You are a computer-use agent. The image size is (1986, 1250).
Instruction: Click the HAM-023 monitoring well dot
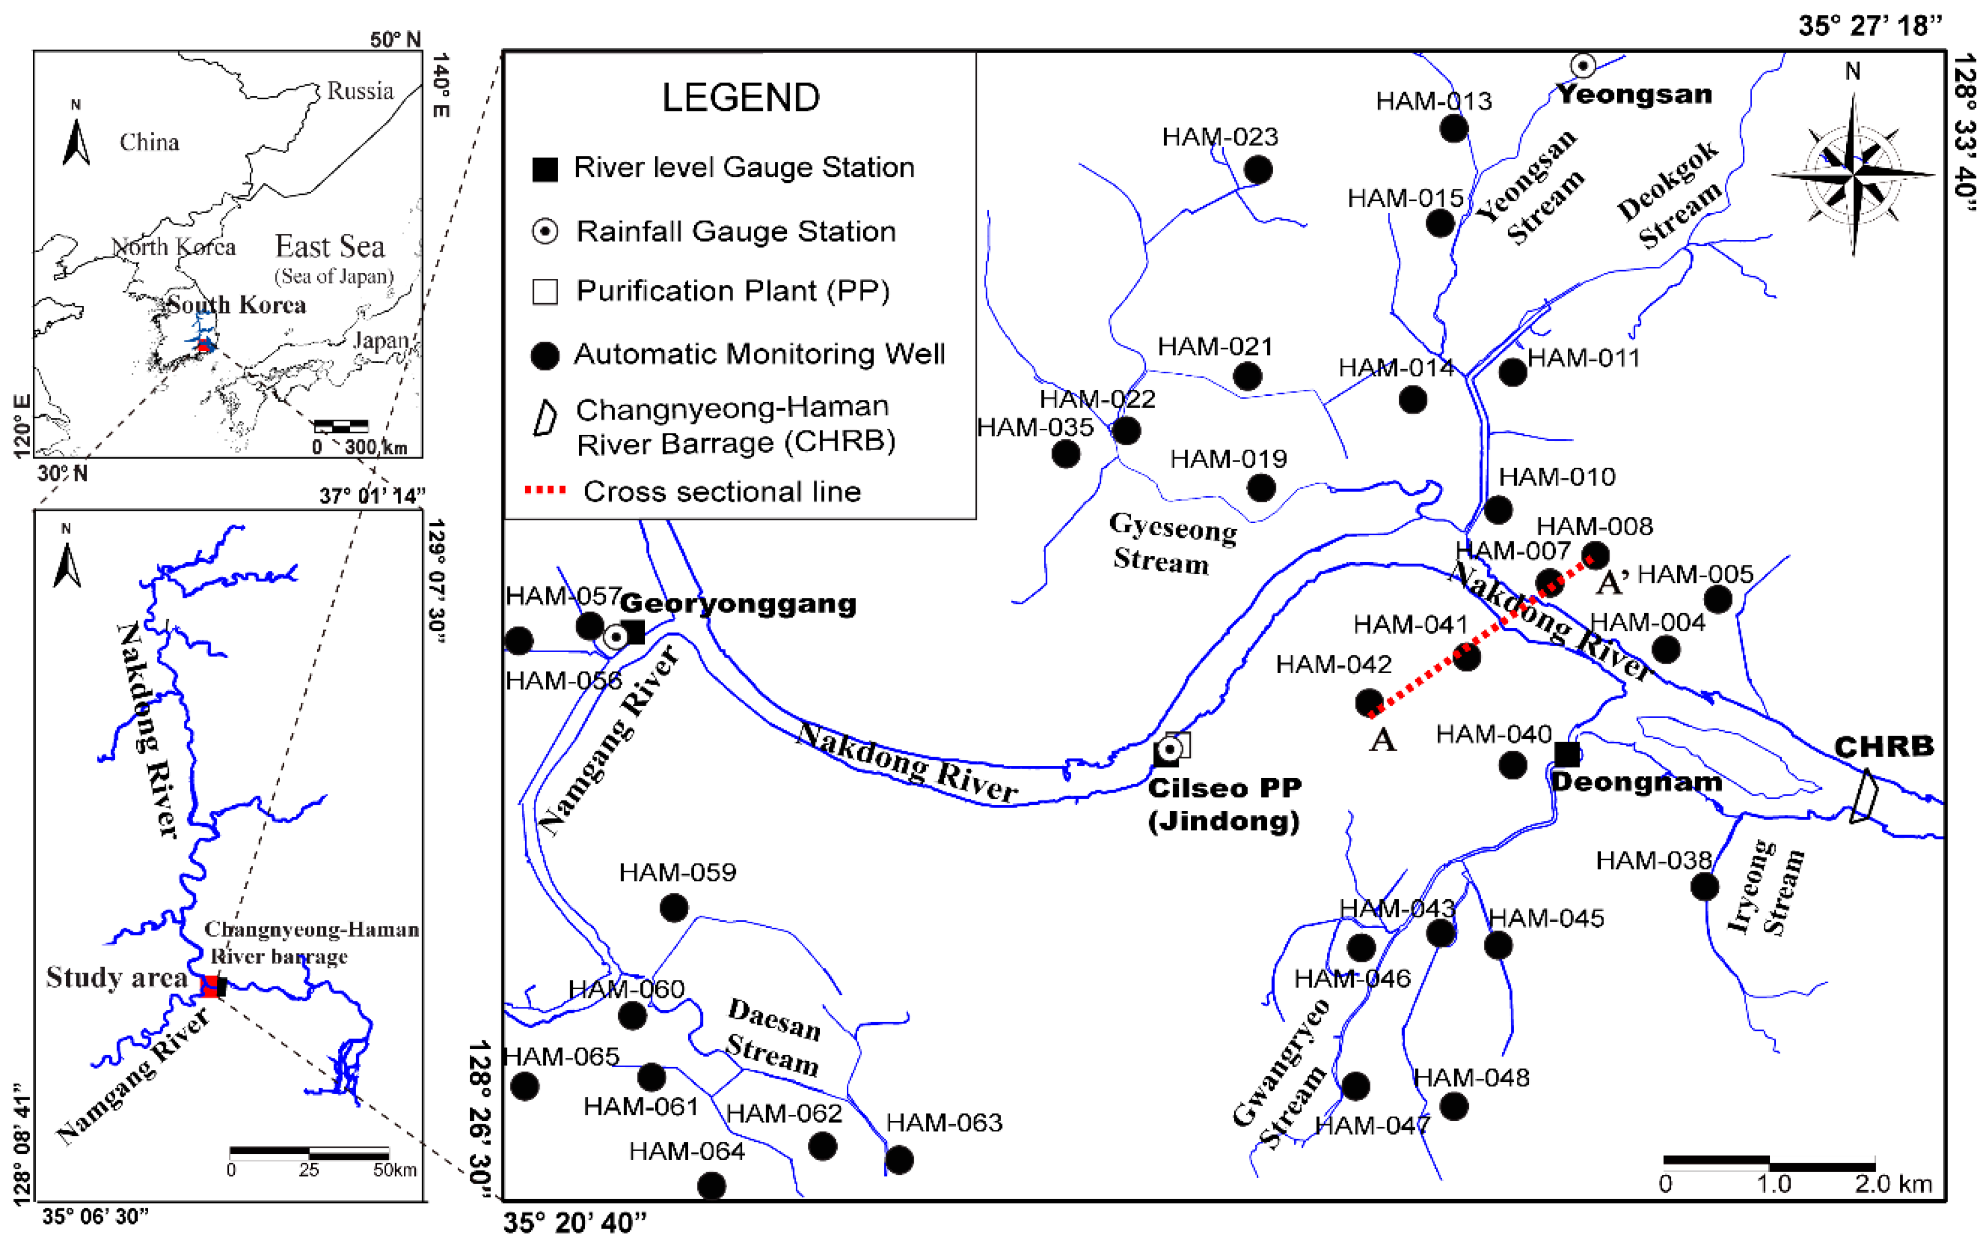point(1258,170)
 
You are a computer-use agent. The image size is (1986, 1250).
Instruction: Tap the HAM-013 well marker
point(1453,128)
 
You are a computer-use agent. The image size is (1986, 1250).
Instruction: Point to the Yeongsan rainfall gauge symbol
point(1583,65)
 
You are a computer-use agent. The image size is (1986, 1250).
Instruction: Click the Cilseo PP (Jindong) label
point(1225,804)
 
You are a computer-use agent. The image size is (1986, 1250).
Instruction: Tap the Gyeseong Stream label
point(1172,543)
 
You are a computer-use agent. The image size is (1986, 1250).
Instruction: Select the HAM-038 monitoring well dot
point(1704,886)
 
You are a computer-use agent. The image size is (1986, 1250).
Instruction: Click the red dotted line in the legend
point(546,490)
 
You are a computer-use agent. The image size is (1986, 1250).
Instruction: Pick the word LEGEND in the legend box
point(741,97)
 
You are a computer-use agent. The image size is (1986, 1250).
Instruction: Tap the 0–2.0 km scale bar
point(1769,1163)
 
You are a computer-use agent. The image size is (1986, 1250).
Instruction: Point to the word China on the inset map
point(149,142)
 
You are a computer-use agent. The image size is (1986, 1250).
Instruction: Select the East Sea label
point(330,246)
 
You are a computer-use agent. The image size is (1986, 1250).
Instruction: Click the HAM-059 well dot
point(674,907)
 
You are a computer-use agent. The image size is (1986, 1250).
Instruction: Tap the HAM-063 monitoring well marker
point(899,1159)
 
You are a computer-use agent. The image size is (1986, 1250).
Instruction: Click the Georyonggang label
point(738,603)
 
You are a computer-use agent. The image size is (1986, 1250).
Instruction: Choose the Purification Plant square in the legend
point(545,292)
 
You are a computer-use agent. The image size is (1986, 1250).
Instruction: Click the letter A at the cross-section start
point(1382,740)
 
